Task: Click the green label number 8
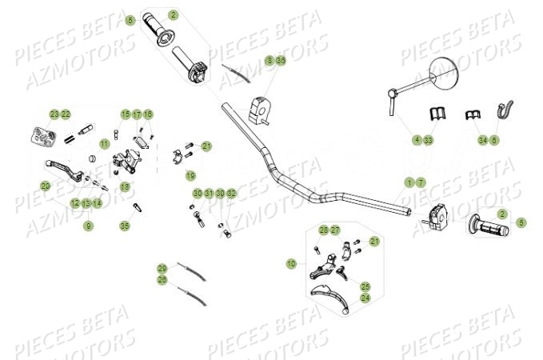pyautogui.click(x=270, y=60)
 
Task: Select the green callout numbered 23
pyautogui.click(x=54, y=114)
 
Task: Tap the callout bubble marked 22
pyautogui.click(x=66, y=114)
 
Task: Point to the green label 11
pyautogui.click(x=105, y=144)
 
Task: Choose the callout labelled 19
pyautogui.click(x=190, y=175)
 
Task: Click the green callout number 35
pyautogui.click(x=124, y=226)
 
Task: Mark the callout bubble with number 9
pyautogui.click(x=89, y=226)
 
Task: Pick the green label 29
pyautogui.click(x=162, y=269)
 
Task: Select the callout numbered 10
pyautogui.click(x=291, y=262)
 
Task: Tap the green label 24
pyautogui.click(x=365, y=298)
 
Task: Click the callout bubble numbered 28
pyautogui.click(x=324, y=230)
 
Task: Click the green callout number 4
pyautogui.click(x=417, y=140)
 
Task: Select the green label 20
pyautogui.click(x=46, y=186)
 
